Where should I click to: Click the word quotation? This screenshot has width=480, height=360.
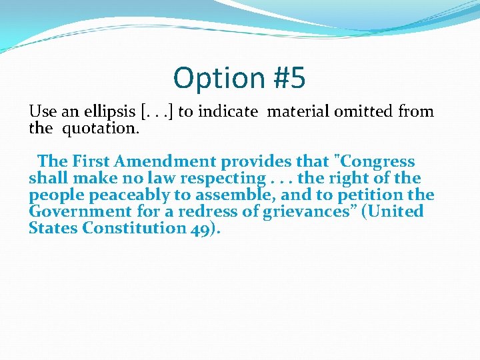click(x=101, y=128)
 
